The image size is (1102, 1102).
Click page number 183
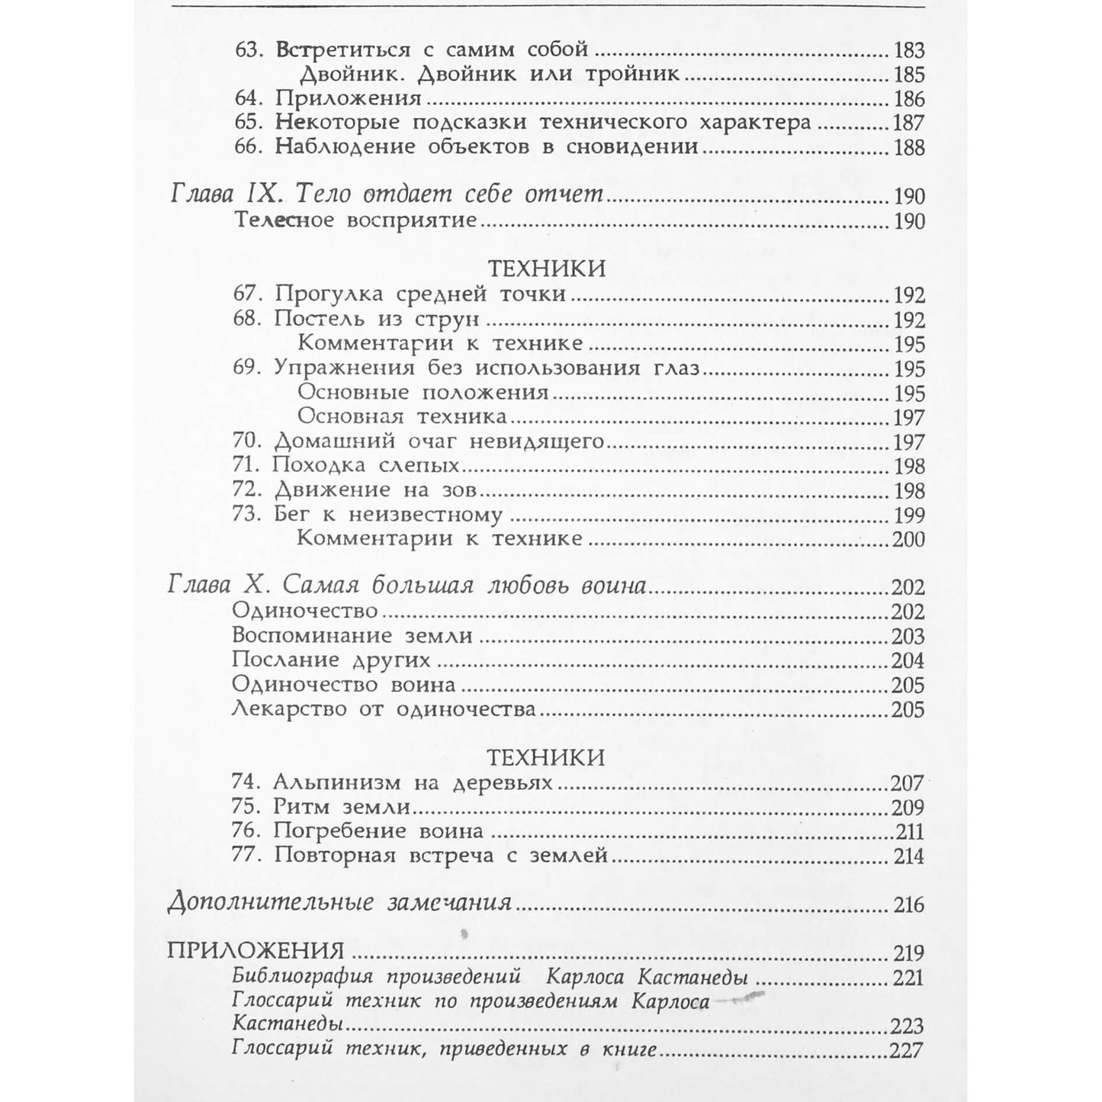[908, 51]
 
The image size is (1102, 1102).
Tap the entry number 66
[247, 147]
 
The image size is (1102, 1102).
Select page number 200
[908, 539]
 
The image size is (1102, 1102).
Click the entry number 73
[247, 515]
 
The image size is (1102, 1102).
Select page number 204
[908, 660]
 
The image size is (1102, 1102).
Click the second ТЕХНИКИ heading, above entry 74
[545, 757]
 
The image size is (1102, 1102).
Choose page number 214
[908, 856]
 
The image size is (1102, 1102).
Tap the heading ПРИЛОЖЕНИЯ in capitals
[255, 953]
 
